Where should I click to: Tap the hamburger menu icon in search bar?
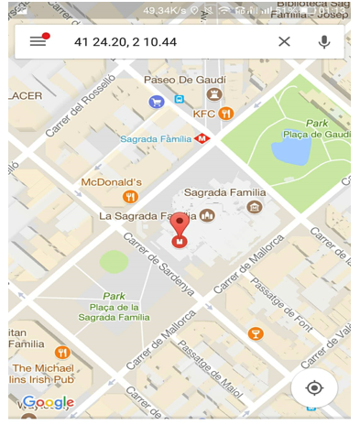[x=38, y=41]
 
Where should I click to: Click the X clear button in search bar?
[x=284, y=41]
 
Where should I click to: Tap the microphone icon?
[x=323, y=41]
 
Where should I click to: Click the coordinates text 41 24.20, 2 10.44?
[x=125, y=42]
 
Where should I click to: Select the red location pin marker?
[x=180, y=224]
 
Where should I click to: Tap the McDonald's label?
[x=111, y=182]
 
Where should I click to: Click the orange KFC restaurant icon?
[x=225, y=114]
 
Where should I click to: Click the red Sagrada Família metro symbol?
[x=202, y=139]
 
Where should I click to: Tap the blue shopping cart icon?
[x=157, y=102]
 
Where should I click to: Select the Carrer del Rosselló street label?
[x=77, y=107]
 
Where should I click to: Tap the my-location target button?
[x=314, y=387]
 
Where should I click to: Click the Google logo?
[x=48, y=402]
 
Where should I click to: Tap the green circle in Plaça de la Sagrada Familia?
[x=114, y=262]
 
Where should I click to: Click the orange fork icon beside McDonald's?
[x=130, y=197]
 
